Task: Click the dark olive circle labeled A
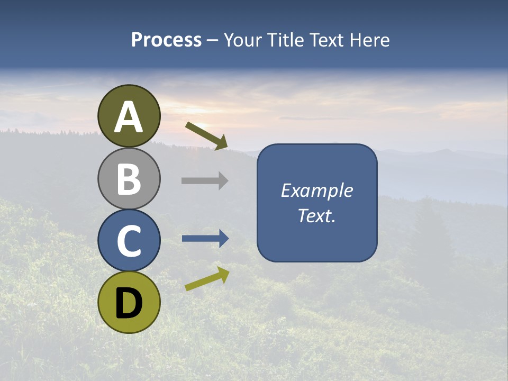tap(129, 116)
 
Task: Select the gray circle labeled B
tap(129, 178)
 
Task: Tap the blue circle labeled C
tap(129, 241)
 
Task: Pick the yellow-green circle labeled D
tap(129, 302)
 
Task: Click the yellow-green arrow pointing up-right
tap(207, 279)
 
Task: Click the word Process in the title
tap(166, 40)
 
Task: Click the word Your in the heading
tap(243, 40)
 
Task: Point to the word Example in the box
tap(316, 190)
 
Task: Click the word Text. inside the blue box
tap(316, 215)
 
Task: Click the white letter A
tap(129, 117)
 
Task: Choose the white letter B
tap(129, 179)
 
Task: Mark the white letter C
tap(129, 241)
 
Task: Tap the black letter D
tap(129, 303)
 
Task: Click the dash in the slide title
tap(212, 41)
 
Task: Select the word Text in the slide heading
tap(325, 40)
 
